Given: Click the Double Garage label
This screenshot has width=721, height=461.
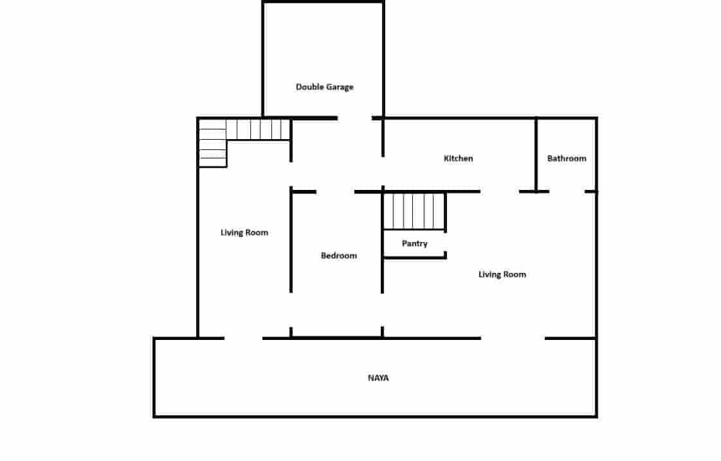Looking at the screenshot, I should [x=324, y=87].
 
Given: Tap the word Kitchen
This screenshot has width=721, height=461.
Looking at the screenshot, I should [x=459, y=158].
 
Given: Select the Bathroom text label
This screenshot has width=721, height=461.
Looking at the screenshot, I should [x=567, y=158].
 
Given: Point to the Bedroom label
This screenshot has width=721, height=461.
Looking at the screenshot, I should [x=338, y=256].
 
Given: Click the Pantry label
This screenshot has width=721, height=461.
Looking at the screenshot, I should [x=414, y=243].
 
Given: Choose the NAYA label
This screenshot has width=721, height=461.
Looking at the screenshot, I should [x=378, y=378].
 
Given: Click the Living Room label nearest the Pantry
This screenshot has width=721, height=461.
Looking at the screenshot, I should [x=502, y=274].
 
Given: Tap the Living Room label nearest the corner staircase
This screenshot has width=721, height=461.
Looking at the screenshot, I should [x=244, y=232].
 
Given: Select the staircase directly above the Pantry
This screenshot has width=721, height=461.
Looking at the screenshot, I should [x=414, y=211].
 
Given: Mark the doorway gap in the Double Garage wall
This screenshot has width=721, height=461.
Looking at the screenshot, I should [x=354, y=118].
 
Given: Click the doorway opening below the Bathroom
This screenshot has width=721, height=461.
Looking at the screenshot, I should [x=567, y=191].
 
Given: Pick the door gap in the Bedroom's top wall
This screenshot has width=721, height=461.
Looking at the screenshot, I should [x=335, y=191].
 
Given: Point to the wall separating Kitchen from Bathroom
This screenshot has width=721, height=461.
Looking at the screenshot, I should [x=536, y=155].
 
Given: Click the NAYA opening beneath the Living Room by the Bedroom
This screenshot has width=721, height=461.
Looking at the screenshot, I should [x=243, y=338].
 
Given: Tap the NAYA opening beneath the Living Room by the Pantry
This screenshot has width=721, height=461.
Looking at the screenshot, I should [x=513, y=338].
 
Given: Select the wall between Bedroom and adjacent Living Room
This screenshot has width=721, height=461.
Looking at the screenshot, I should [x=291, y=240].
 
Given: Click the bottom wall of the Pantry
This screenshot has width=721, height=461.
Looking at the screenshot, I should [x=414, y=258].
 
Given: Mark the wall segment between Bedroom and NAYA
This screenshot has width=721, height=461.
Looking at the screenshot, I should [x=336, y=337].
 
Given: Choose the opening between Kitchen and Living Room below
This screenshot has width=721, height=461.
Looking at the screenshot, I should [x=500, y=191].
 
